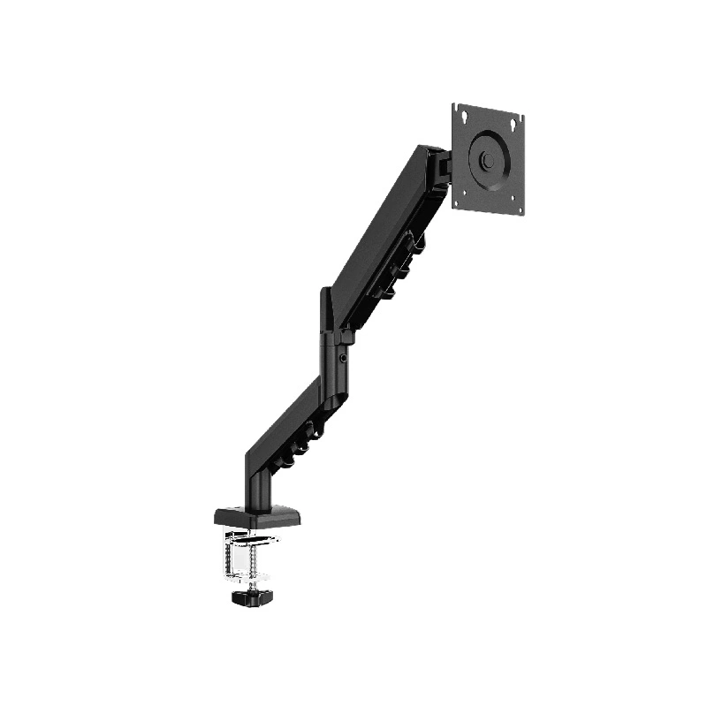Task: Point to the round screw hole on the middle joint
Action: click(x=344, y=359)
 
